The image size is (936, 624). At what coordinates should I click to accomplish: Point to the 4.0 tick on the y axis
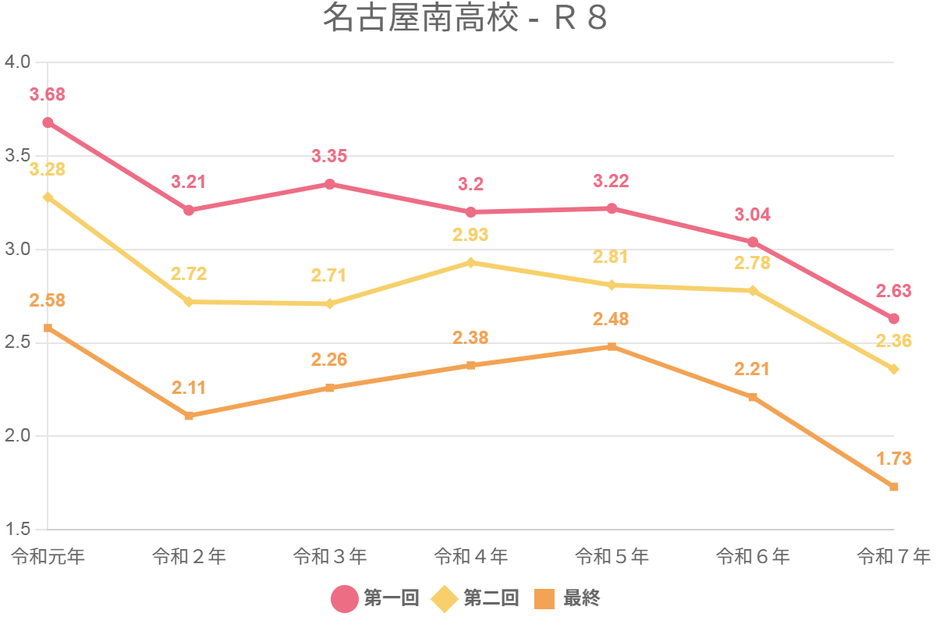16,62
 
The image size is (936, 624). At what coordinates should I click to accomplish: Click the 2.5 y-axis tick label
16,343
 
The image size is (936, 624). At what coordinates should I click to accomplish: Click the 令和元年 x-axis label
48,557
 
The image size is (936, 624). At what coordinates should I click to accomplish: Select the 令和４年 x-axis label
471,557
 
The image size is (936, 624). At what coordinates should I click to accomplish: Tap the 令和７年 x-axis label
893,557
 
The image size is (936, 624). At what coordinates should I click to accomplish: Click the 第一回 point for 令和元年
48,122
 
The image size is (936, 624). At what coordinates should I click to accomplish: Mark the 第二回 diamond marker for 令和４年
471,263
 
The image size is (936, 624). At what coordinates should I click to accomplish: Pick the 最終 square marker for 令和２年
189,416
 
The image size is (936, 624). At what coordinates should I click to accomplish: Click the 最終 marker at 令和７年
894,487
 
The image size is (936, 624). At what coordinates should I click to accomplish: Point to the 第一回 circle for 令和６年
753,242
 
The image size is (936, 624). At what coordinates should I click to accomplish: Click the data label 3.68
48,95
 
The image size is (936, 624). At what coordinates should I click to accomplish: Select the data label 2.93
471,235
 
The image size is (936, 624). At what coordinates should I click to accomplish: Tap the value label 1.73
894,459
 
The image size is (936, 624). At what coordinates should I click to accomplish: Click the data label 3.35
330,156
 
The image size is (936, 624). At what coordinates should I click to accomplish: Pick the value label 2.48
612,319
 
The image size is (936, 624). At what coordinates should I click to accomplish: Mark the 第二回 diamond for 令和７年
894,369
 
